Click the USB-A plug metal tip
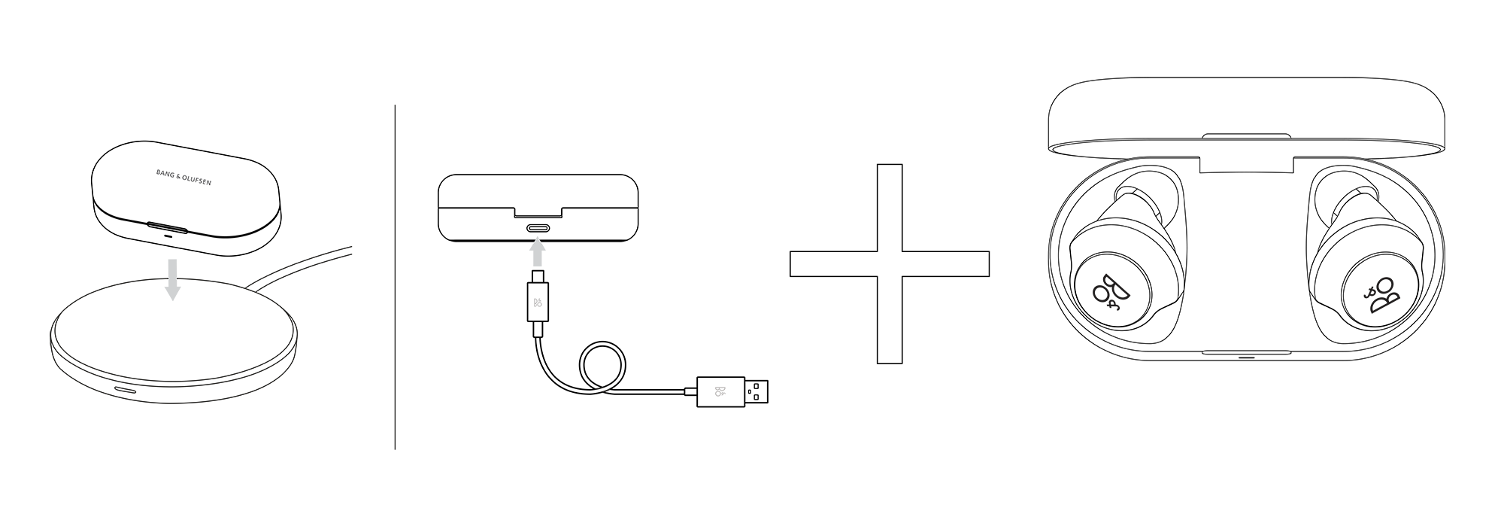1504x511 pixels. (757, 391)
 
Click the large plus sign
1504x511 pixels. (890, 263)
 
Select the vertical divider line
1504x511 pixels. (395, 277)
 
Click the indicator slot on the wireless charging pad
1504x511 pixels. (125, 391)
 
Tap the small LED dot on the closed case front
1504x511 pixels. (167, 235)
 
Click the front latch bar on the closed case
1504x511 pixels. (167, 227)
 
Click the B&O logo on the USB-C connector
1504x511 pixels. (538, 305)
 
